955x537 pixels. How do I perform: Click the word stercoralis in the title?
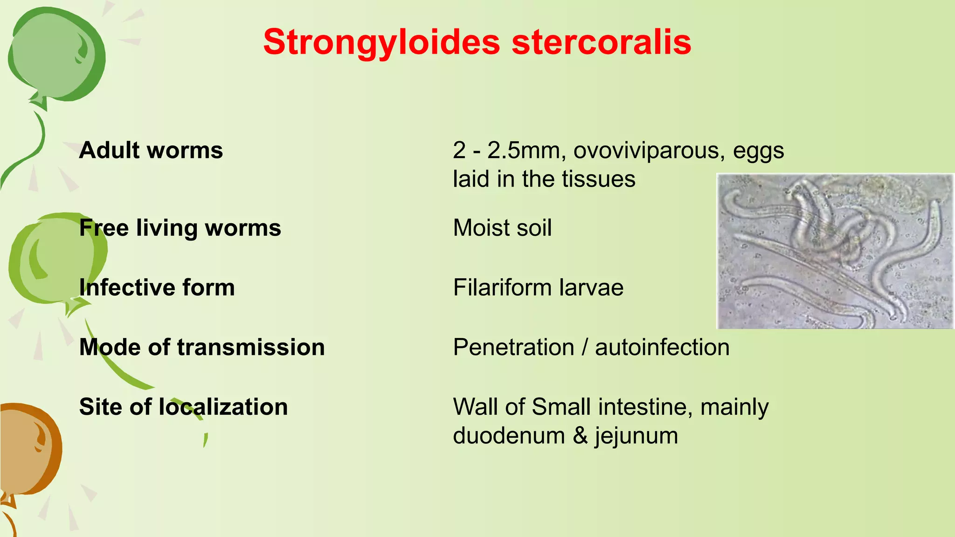pos(601,42)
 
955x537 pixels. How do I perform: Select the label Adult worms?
pos(151,151)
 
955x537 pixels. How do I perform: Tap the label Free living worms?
pos(180,228)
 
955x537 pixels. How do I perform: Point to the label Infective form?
pos(157,288)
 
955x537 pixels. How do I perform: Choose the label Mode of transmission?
pos(202,347)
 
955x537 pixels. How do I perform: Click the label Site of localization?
pos(183,407)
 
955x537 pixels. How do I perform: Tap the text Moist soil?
pos(502,228)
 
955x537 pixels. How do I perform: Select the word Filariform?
pos(502,288)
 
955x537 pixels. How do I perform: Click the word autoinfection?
pos(662,347)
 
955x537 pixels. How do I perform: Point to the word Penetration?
pos(513,347)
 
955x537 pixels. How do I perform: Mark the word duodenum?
pos(509,436)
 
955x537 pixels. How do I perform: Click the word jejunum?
pos(636,436)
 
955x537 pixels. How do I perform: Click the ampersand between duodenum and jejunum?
pos(580,436)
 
